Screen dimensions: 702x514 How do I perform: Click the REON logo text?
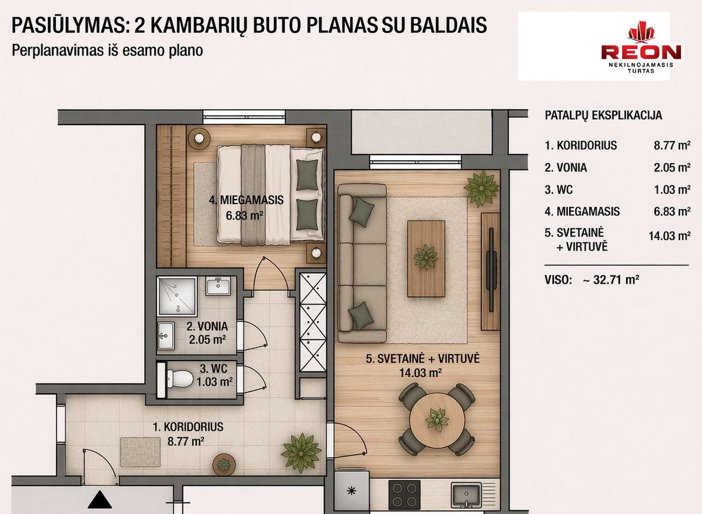coord(641,53)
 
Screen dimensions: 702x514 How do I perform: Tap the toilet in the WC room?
coord(180,379)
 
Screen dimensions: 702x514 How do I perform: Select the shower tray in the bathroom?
coord(177,296)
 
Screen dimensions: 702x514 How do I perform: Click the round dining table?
coord(438,419)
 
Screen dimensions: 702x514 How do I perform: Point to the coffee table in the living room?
coord(426,258)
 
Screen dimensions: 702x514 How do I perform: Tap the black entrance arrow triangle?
coord(100,499)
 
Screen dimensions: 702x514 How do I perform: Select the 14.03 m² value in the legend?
coord(669,236)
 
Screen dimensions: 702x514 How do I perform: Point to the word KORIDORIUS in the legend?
coord(586,145)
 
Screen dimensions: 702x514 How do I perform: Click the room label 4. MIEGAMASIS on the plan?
coord(246,200)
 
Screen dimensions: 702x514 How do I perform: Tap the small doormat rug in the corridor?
coord(141,452)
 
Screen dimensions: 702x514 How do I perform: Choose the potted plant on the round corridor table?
coord(223,464)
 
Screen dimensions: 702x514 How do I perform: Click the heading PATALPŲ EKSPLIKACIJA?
coord(603,116)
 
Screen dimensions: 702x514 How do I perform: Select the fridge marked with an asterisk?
coord(352,491)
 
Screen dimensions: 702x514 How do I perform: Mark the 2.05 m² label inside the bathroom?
coord(208,340)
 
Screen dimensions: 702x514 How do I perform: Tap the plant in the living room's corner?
coord(481,189)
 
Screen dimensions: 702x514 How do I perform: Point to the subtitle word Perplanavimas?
coord(58,51)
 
